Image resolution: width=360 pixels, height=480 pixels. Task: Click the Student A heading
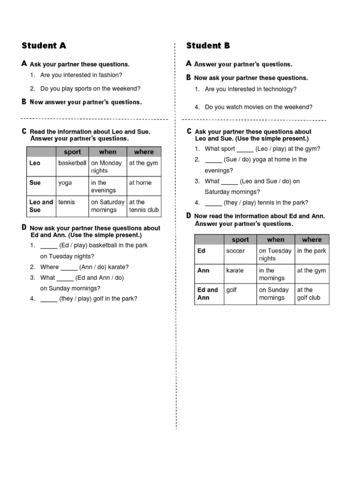44,45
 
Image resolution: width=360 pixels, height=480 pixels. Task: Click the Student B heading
208,45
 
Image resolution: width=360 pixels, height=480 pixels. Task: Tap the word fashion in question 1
110,75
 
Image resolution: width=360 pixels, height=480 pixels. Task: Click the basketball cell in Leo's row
72,163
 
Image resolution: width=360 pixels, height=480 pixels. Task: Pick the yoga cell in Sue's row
65,183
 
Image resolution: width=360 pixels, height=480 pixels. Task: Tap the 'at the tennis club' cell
144,206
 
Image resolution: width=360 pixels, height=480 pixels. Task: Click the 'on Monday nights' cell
106,167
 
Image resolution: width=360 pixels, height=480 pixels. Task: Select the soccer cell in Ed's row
235,251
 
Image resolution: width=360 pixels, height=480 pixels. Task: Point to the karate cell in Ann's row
235,270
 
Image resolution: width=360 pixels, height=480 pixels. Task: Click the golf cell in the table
232,290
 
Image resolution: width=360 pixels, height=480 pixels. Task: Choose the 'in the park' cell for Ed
311,251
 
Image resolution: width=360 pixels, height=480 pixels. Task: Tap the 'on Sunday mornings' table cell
274,294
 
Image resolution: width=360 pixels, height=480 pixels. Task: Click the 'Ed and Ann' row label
207,294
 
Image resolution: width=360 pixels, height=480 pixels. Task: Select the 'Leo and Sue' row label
41,206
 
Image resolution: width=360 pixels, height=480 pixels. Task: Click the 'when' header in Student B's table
276,240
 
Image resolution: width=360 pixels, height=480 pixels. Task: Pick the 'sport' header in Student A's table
72,152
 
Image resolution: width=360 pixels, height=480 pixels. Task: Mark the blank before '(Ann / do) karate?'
69,268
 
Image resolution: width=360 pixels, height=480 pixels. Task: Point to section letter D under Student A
24,227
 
